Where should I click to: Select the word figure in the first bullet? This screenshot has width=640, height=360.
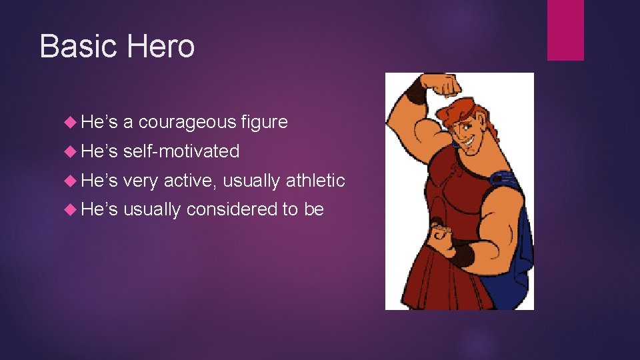pos(265,122)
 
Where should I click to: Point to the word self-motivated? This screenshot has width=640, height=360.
pos(181,151)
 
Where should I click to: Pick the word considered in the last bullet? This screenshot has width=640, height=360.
pos(232,210)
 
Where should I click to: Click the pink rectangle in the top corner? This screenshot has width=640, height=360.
pos(565,30)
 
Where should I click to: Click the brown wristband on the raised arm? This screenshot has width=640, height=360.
pos(417,91)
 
